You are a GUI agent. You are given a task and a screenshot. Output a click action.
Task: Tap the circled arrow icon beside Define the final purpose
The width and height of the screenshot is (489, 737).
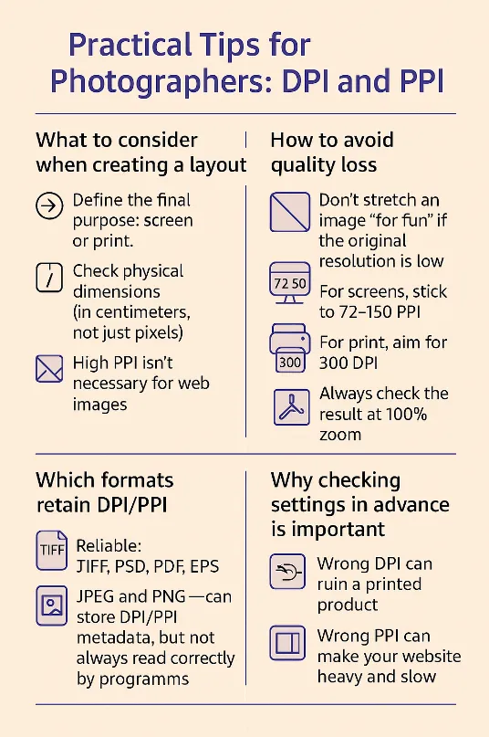(49, 205)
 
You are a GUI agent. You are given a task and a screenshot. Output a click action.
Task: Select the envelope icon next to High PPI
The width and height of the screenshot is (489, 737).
(49, 369)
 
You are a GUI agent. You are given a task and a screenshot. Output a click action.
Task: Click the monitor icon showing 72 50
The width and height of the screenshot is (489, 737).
(290, 282)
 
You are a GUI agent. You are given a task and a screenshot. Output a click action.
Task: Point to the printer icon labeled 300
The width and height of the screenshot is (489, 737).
(290, 348)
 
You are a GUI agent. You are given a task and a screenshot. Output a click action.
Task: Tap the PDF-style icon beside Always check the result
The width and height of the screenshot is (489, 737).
(292, 407)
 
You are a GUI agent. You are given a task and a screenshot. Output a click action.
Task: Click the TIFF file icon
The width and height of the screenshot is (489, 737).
(52, 551)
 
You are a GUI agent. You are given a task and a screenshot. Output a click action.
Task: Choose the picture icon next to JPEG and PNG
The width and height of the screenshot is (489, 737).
(52, 605)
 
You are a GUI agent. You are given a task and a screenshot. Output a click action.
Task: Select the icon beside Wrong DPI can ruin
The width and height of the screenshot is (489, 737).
(287, 572)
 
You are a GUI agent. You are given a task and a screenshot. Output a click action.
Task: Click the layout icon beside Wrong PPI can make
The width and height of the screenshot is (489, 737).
(287, 643)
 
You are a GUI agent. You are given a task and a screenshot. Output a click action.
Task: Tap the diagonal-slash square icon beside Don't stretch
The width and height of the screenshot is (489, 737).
(290, 212)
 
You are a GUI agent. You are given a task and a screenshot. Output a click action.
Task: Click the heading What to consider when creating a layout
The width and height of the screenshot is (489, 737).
(140, 153)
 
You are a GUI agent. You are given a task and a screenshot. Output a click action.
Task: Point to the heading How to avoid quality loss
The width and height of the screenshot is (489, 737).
(332, 153)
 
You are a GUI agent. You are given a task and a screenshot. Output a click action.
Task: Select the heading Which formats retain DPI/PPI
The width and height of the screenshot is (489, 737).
(105, 492)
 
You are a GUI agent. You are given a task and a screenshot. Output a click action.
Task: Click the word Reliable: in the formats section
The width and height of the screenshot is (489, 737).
(109, 546)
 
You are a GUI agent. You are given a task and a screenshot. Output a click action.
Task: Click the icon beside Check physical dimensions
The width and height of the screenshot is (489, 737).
(49, 278)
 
